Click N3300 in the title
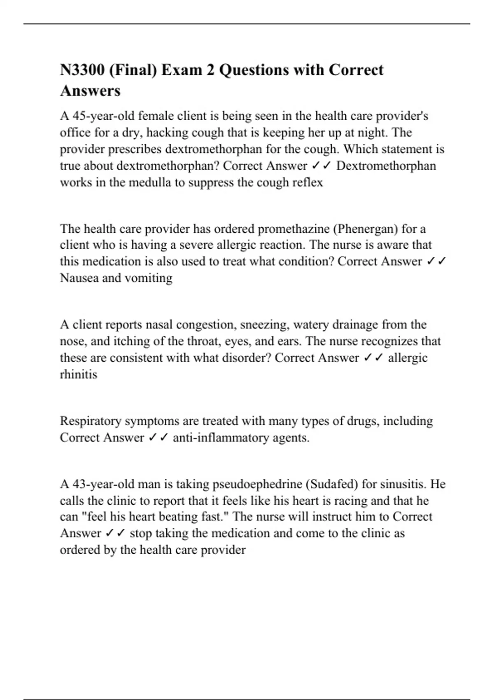82,70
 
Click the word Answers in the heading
90,91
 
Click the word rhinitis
79,374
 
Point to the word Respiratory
91,421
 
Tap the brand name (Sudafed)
332,484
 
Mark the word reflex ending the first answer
308,182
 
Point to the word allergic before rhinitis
408,358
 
